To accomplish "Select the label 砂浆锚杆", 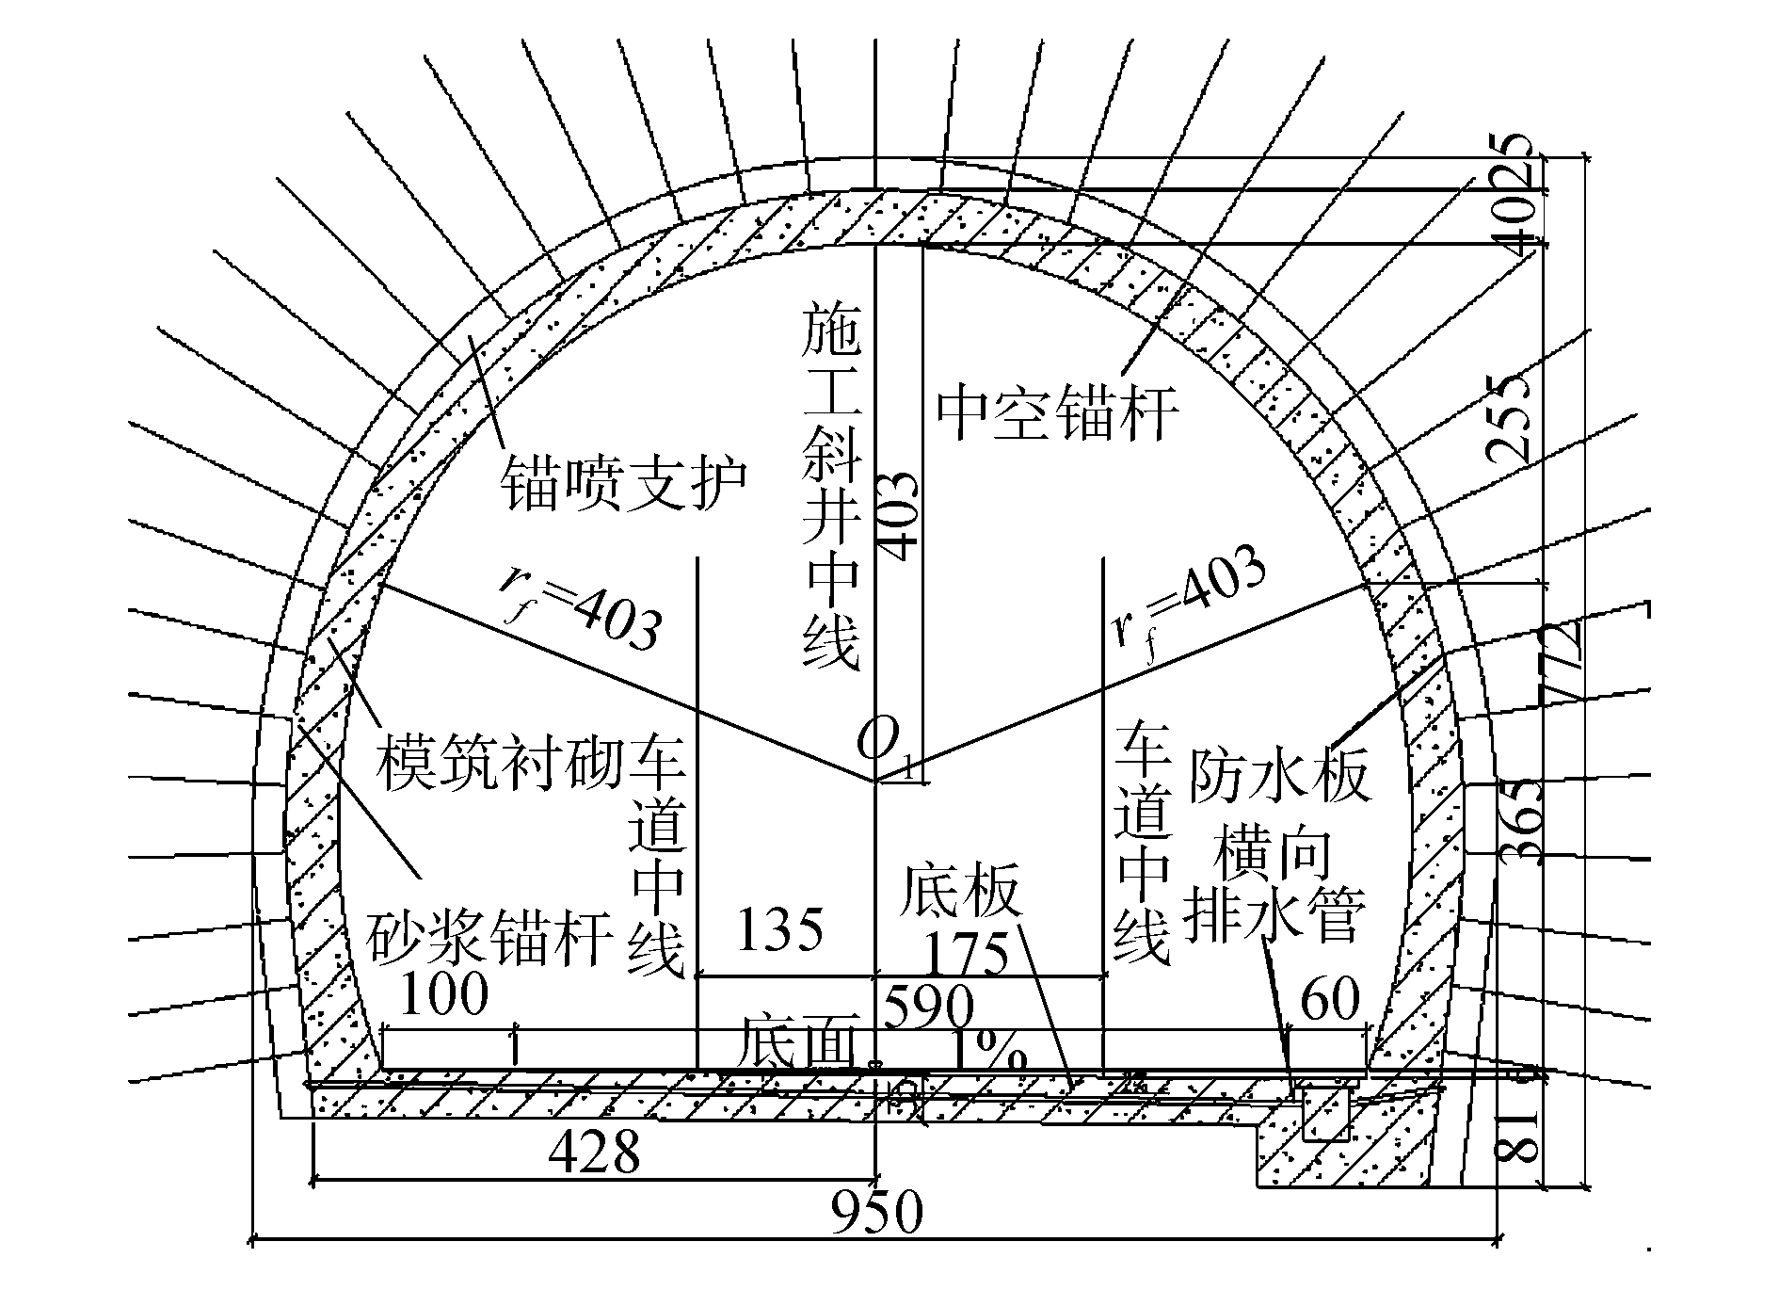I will (489, 936).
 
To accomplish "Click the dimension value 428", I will (594, 1151).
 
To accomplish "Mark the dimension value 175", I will (967, 956).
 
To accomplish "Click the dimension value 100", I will (444, 992).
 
